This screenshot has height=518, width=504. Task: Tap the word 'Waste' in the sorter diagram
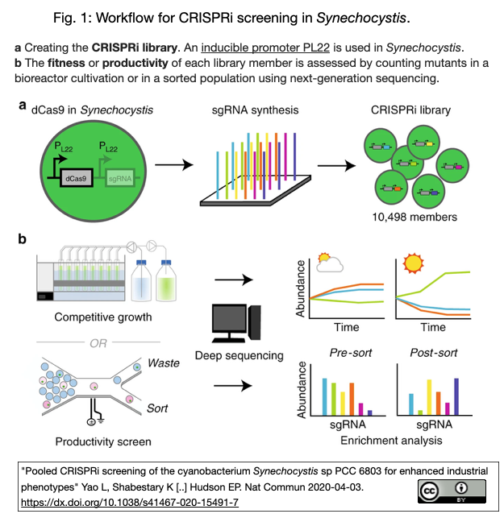pos(163,363)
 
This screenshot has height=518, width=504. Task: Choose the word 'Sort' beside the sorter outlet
pos(157,408)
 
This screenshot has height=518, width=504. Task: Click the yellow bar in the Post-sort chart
pos(429,396)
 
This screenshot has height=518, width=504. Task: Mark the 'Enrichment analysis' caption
pos(382,440)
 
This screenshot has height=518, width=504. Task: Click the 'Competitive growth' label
pos(102,317)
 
